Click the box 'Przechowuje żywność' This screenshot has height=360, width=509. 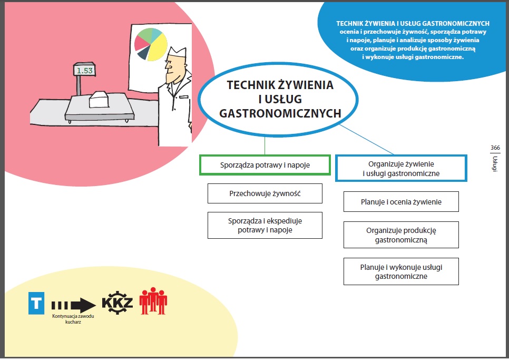265,193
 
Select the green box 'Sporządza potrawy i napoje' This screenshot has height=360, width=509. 265,165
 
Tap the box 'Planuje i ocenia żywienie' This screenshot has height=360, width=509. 401,202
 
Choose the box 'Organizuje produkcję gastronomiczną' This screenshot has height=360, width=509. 401,235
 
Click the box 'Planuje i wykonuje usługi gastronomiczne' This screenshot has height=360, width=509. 401,271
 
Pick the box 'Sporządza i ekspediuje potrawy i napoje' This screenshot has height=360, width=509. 265,225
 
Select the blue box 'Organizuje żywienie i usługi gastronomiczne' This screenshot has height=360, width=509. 401,168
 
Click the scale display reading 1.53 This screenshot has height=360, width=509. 84,70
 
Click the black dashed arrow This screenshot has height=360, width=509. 74,304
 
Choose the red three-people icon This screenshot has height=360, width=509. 153,301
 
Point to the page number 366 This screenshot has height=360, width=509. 495,147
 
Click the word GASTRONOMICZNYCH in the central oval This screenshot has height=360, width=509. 280,113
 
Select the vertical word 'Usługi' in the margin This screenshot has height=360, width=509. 495,163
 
